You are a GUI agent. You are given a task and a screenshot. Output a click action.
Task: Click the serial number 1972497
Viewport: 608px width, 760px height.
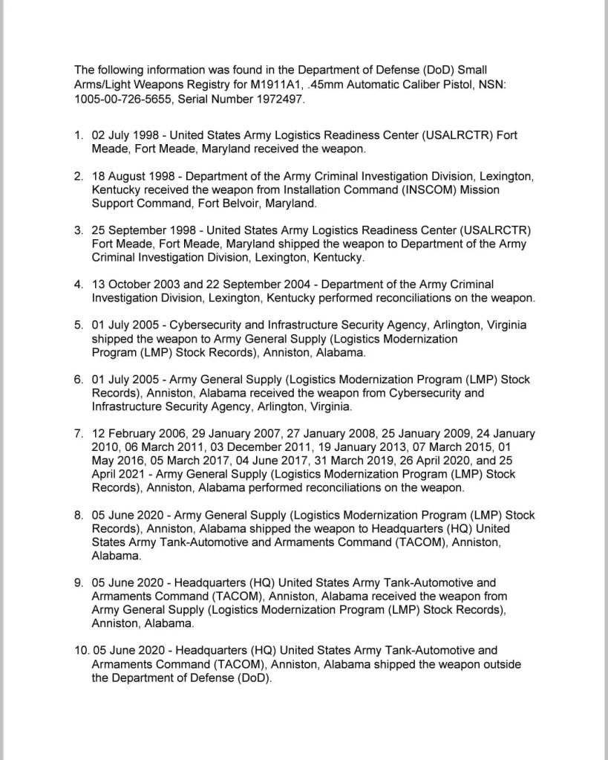275,99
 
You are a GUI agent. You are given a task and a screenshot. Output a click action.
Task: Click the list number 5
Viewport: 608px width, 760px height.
79,325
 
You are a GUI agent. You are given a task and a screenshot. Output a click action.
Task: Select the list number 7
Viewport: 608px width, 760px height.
79,434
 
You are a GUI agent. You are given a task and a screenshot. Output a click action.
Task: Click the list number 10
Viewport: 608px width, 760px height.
81,651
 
